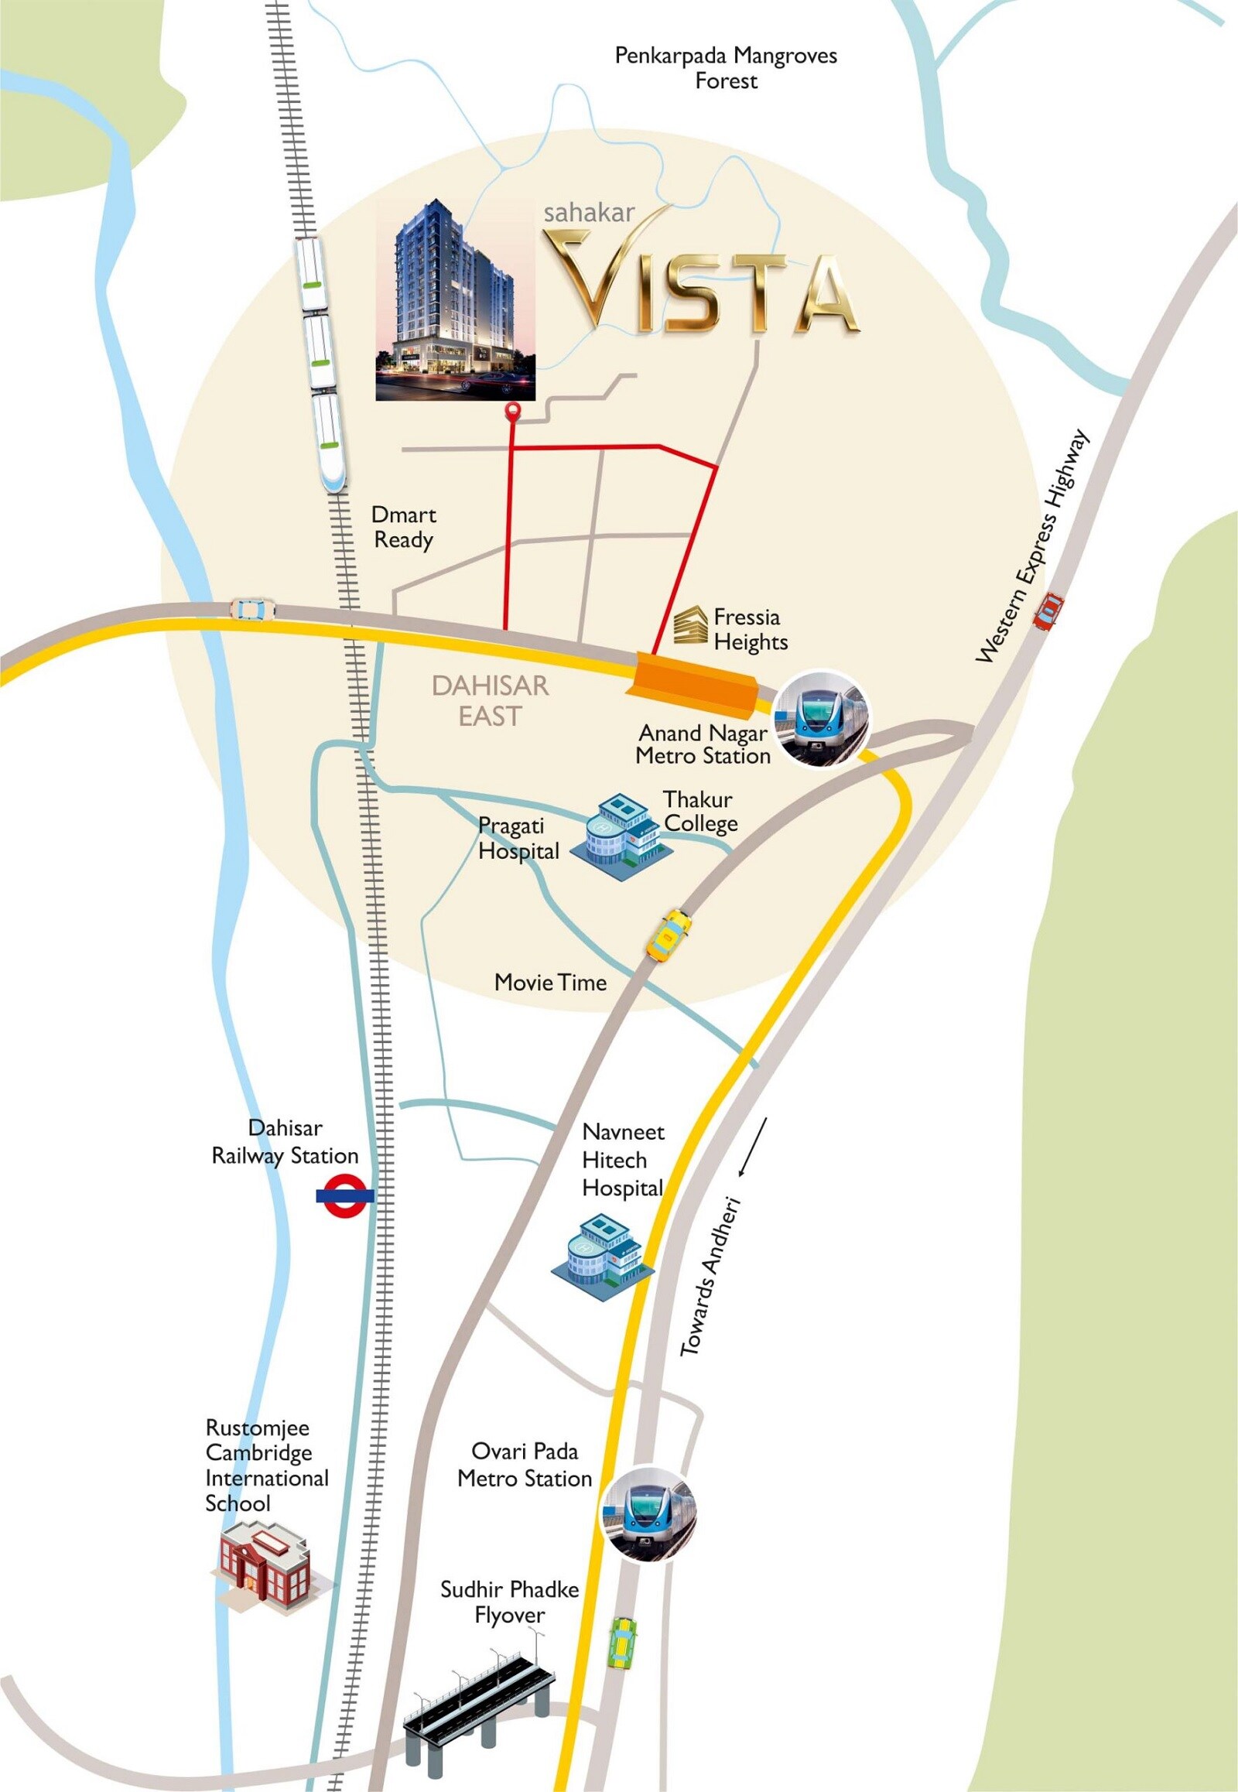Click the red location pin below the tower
click(x=512, y=412)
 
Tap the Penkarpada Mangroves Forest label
click(x=725, y=68)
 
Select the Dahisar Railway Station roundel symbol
click(x=344, y=1195)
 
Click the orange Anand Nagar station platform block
click(x=695, y=681)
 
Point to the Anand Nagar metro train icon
click(x=823, y=717)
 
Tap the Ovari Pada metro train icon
click(x=649, y=1513)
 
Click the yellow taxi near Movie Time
click(x=669, y=936)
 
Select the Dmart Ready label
click(x=403, y=528)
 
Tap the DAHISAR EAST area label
click(x=491, y=700)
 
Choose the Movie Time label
click(x=550, y=983)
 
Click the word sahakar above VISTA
click(x=589, y=212)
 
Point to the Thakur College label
click(x=699, y=812)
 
